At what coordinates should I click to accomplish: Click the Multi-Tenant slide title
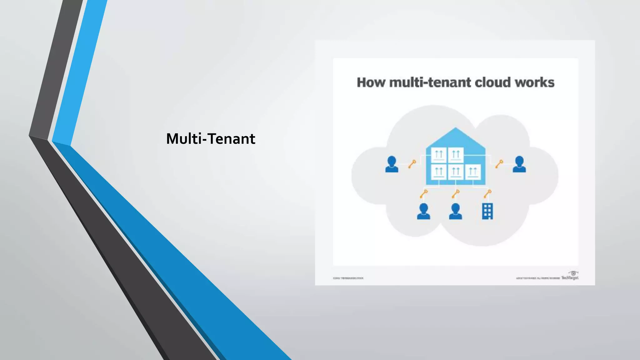(x=211, y=139)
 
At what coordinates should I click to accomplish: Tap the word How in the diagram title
(x=371, y=82)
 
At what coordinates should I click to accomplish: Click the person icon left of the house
(x=392, y=164)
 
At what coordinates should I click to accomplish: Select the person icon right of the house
(x=519, y=164)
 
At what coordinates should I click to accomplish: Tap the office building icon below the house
(x=487, y=211)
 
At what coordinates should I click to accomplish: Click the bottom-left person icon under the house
(x=423, y=211)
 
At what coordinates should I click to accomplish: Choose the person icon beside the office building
(x=455, y=211)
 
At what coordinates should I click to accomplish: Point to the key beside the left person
(x=412, y=164)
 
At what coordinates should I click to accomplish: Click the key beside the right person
(x=499, y=164)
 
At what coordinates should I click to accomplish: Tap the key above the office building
(x=487, y=194)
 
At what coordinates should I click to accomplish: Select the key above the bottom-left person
(x=424, y=194)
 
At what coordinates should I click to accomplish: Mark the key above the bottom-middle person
(x=456, y=194)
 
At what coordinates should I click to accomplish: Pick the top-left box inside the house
(x=439, y=155)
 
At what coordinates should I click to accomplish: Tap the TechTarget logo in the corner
(x=570, y=276)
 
